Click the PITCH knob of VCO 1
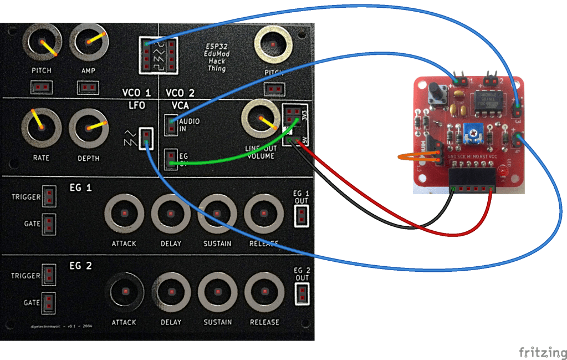tap(42, 44)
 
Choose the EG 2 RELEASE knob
tap(264, 292)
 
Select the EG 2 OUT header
tap(302, 293)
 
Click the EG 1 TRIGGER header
tap(49, 196)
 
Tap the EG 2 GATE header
tap(49, 302)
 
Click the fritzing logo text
tap(543, 352)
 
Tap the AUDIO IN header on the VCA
tap(172, 124)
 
